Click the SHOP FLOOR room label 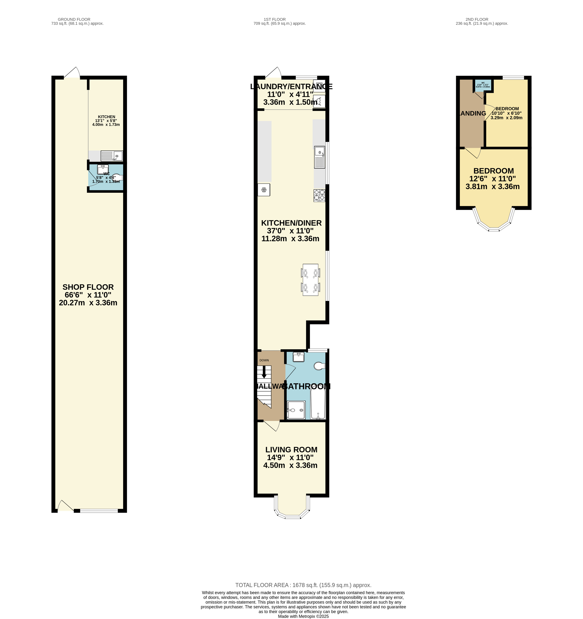[88, 287]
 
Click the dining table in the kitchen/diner [311, 280]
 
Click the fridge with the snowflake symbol [264, 190]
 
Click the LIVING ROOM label [291, 450]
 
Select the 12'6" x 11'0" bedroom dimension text [492, 179]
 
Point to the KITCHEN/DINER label [291, 223]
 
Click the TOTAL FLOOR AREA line [303, 585]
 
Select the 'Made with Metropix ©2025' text [303, 616]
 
